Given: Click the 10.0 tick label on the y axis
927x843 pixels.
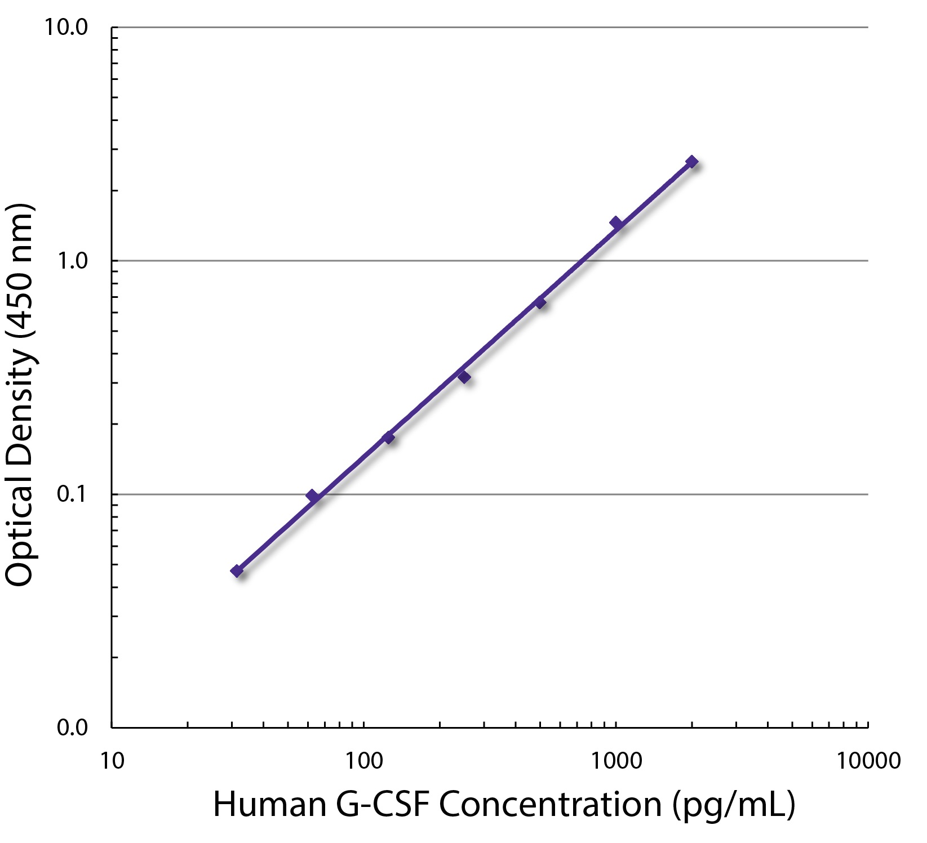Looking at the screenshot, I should point(66,27).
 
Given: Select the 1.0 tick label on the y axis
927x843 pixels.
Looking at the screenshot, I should point(73,261).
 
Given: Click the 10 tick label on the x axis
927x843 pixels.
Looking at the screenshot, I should point(112,761).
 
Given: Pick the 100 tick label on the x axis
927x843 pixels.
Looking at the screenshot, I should point(363,761).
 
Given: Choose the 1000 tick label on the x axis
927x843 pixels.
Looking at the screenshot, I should point(616,761).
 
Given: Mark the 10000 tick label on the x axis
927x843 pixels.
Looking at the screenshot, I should point(868,761).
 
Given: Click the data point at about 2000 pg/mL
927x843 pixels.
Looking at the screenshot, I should point(691,162).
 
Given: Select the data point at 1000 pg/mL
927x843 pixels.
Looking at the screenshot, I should point(616,223).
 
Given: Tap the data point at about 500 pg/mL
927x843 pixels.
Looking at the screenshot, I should point(540,302).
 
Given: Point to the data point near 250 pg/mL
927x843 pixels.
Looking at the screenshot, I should point(464,377).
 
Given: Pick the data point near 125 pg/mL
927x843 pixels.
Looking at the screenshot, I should point(388,438).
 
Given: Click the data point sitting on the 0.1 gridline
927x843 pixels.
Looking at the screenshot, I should point(312,496).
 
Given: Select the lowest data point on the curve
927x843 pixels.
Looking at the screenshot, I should point(237,571).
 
